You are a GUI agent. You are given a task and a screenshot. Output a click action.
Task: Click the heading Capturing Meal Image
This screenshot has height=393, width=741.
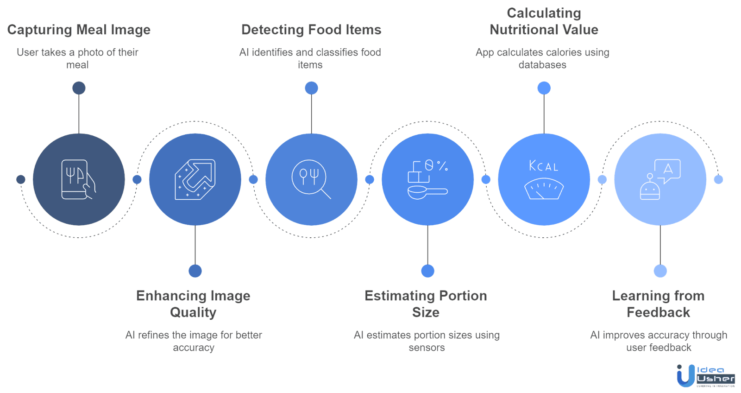79,30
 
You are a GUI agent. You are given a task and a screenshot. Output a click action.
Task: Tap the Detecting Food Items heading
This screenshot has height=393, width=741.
311,30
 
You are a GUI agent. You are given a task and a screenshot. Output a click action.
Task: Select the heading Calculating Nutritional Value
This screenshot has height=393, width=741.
544,21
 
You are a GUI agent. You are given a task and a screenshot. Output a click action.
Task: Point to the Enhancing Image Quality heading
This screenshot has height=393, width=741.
194,304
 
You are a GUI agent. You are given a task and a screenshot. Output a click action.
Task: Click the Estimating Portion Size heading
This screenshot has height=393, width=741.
426,304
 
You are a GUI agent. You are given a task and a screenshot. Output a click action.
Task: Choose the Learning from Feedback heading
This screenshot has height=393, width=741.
658,304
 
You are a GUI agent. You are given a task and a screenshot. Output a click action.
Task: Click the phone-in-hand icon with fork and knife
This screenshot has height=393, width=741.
79,179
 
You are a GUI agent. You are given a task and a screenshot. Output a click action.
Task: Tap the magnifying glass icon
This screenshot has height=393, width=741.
311,179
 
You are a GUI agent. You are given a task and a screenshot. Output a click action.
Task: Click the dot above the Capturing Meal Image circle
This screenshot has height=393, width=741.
79,88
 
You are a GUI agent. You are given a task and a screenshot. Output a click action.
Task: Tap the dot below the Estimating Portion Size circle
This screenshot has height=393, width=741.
428,271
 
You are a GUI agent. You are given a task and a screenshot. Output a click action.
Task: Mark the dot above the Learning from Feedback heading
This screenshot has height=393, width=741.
660,271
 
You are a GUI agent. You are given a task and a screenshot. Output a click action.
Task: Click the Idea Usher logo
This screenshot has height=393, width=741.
706,376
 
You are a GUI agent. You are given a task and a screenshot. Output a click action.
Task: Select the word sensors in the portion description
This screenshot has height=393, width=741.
427,348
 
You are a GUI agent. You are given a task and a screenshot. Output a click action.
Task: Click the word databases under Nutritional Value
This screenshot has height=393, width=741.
542,64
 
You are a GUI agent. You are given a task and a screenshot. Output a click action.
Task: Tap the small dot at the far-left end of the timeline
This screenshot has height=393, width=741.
21,179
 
